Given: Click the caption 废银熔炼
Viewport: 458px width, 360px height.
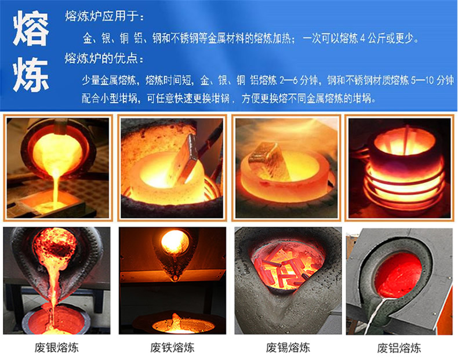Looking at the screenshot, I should (56, 348).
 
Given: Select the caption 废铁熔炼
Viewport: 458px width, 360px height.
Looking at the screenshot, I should (172, 348).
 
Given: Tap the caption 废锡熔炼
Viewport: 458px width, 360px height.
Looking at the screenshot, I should (288, 348).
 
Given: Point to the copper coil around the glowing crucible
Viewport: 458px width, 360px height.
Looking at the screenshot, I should (400, 186).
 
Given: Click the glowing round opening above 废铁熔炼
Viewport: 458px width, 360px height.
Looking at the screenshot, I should (175, 242).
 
